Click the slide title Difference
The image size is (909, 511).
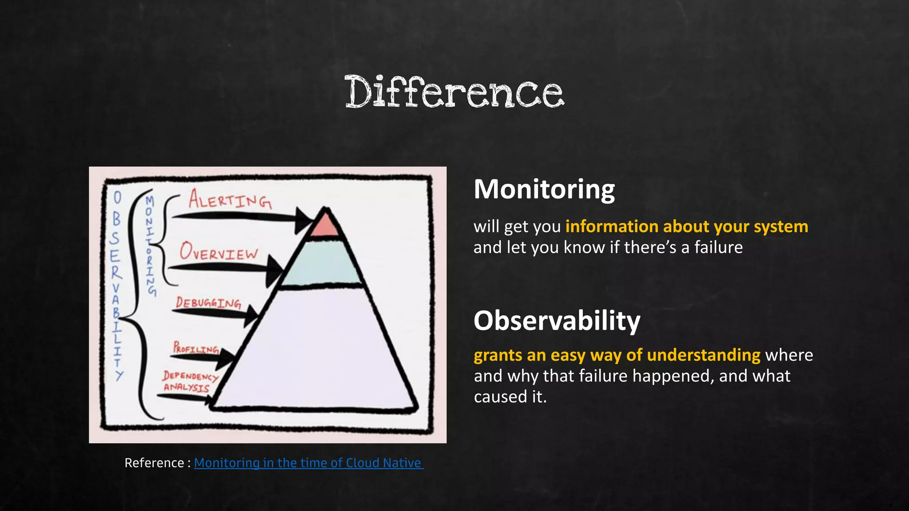click(454, 92)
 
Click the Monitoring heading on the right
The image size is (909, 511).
click(544, 189)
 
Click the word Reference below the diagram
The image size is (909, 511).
click(154, 463)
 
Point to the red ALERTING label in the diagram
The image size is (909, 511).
click(230, 200)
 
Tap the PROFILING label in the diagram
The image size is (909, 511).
click(196, 347)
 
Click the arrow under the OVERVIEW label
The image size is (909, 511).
click(222, 267)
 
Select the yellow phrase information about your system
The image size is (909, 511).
click(686, 226)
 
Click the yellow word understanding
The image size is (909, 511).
click(703, 355)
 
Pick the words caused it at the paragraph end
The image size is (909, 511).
click(510, 397)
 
